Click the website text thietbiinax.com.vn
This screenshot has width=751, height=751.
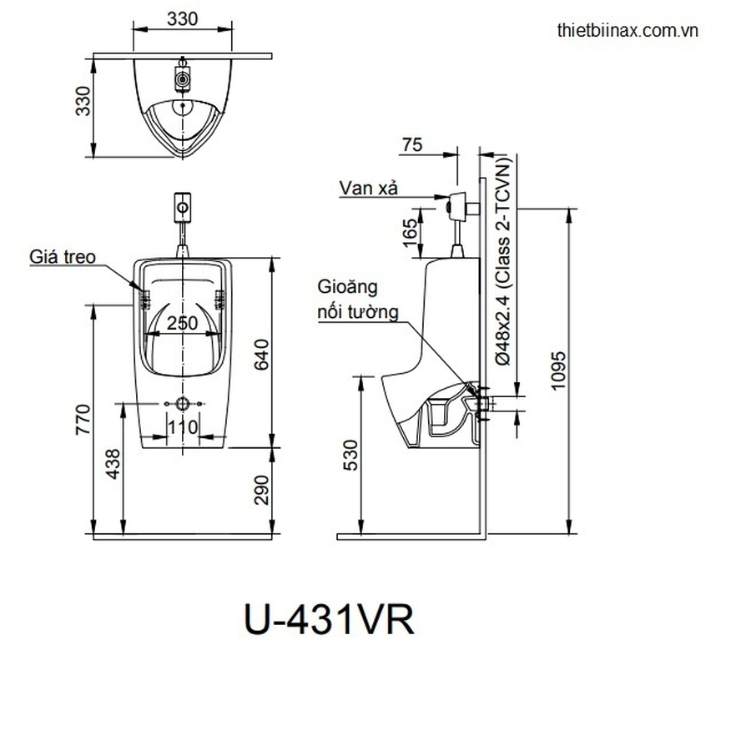point(627,30)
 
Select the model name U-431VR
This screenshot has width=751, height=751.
point(328,620)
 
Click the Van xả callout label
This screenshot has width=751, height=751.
point(368,188)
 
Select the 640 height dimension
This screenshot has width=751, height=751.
point(261,354)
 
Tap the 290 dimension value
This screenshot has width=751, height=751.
point(261,490)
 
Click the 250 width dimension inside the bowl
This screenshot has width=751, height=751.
point(183,323)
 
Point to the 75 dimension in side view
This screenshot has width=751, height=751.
point(411,144)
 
